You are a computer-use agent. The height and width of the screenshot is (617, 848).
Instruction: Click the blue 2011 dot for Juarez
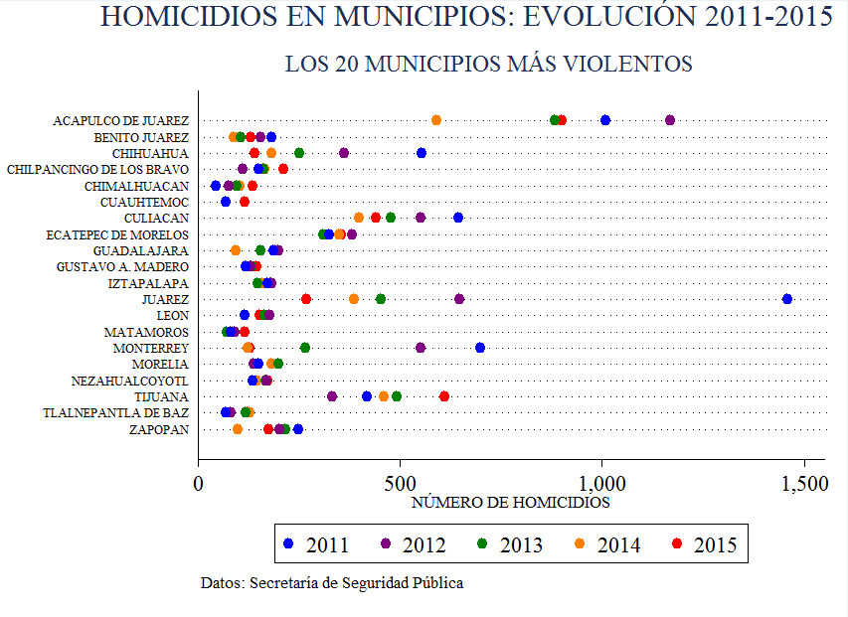[x=787, y=299]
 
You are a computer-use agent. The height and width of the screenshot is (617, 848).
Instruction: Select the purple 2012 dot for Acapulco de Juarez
[x=670, y=120]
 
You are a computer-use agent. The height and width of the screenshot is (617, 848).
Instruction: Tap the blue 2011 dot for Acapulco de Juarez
[x=605, y=120]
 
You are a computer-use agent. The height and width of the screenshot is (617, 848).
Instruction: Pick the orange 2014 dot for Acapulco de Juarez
[x=436, y=120]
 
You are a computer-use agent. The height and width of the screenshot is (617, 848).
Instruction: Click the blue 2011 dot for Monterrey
[x=480, y=348]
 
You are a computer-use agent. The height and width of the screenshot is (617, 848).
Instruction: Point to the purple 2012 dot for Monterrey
[x=421, y=348]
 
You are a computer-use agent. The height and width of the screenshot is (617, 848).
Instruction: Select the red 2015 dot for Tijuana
[x=444, y=396]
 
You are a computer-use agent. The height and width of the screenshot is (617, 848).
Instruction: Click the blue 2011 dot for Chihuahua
[x=422, y=153]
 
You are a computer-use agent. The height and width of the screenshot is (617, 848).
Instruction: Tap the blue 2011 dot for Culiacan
[x=458, y=218]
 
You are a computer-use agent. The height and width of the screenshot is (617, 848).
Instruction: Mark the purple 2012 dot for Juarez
[x=459, y=299]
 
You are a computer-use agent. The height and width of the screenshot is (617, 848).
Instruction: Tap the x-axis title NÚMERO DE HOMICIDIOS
[x=510, y=503]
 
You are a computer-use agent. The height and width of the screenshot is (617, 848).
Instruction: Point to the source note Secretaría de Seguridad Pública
[x=332, y=583]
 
